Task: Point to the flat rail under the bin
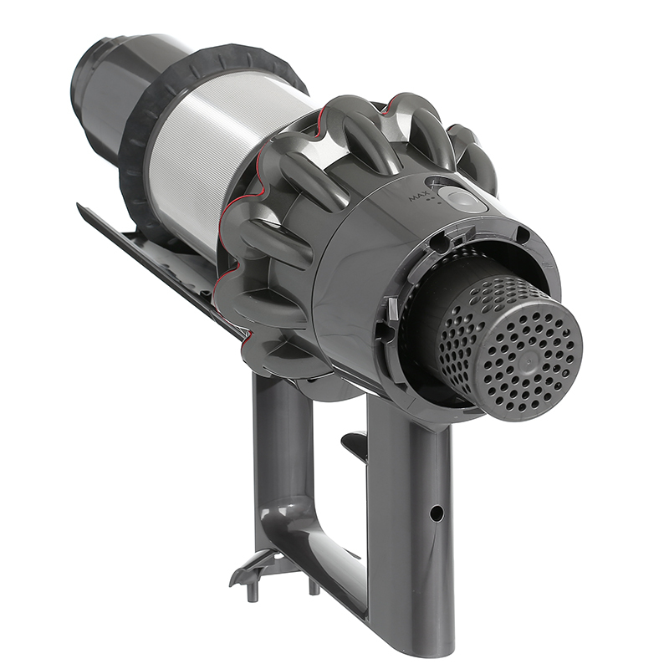click(151, 251)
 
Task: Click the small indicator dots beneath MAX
click(426, 209)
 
